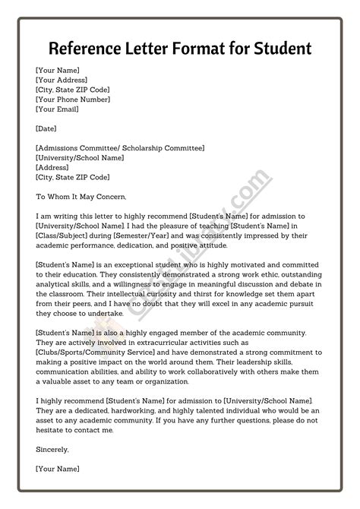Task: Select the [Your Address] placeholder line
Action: (61, 80)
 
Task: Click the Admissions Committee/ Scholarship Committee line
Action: (120, 148)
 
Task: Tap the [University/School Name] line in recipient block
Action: (79, 158)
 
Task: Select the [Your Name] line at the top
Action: (58, 70)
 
